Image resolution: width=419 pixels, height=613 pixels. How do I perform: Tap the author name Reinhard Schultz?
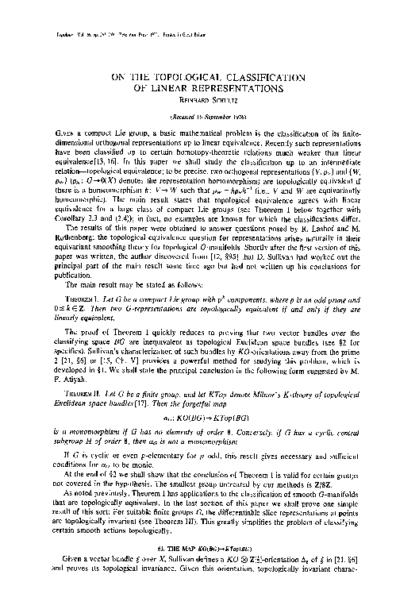coord(209,98)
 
